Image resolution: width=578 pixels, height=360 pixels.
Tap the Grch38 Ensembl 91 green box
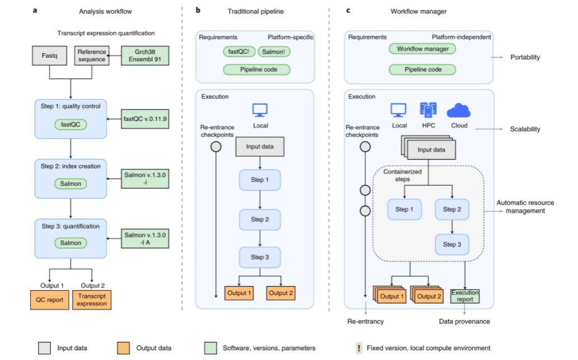coord(145,55)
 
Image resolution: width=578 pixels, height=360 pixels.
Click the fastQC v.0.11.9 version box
coord(145,119)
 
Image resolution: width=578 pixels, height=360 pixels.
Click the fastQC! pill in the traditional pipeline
coord(238,52)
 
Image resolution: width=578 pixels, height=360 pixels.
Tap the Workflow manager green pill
coord(422,49)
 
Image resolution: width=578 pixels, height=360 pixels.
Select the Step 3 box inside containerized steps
coord(452,245)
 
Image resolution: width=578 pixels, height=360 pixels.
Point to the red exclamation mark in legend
coord(358,348)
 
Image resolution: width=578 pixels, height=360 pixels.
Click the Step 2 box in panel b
coord(260,219)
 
